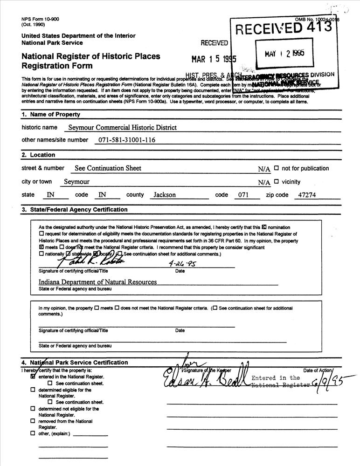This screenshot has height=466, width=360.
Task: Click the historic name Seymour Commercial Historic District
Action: [x=123, y=127]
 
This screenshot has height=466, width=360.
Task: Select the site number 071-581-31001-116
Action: [x=127, y=140]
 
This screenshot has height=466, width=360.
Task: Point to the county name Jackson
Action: [x=165, y=195]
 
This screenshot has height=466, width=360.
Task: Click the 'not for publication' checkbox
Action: [x=277, y=168]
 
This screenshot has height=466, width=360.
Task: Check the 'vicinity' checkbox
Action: [x=277, y=182]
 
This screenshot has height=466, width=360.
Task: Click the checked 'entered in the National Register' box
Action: [x=33, y=377]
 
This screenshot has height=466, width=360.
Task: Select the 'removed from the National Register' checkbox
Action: [x=33, y=421]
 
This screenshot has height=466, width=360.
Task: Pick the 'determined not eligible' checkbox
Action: [x=33, y=409]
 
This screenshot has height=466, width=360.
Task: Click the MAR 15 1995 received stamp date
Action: [x=214, y=59]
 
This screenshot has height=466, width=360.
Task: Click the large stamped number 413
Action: [x=321, y=27]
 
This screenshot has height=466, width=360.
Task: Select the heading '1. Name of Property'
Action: [x=51, y=114]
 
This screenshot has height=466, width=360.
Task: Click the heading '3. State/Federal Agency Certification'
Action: [x=75, y=210]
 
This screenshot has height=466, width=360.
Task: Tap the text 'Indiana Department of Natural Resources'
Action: [x=97, y=282]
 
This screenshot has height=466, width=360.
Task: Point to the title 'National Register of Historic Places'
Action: [x=90, y=56]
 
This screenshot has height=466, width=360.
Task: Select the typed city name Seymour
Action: [x=76, y=182]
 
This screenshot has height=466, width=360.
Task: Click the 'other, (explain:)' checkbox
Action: [x=33, y=433]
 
